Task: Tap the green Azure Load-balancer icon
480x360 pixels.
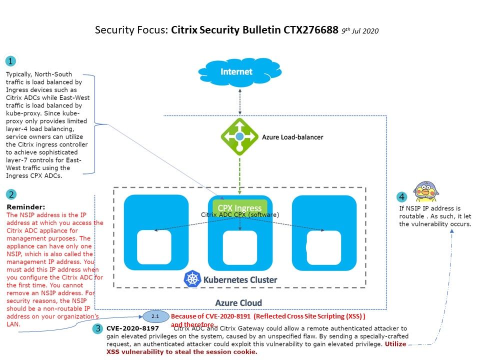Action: coord(240,136)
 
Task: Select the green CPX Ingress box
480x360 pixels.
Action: coord(240,208)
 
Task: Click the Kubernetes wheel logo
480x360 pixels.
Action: coord(192,279)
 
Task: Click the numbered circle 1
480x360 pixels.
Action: coord(10,61)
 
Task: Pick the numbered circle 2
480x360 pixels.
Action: coord(10,195)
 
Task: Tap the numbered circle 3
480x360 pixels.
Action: coord(98,329)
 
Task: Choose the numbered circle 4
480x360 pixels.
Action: coord(402,197)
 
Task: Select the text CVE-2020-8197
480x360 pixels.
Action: coord(132,328)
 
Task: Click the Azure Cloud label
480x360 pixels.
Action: coord(238,302)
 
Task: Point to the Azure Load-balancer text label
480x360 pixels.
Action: coord(292,137)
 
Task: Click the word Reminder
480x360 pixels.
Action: coord(25,206)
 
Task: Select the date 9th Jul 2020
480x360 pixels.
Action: coord(360,31)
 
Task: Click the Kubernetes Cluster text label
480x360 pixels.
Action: coord(240,279)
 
